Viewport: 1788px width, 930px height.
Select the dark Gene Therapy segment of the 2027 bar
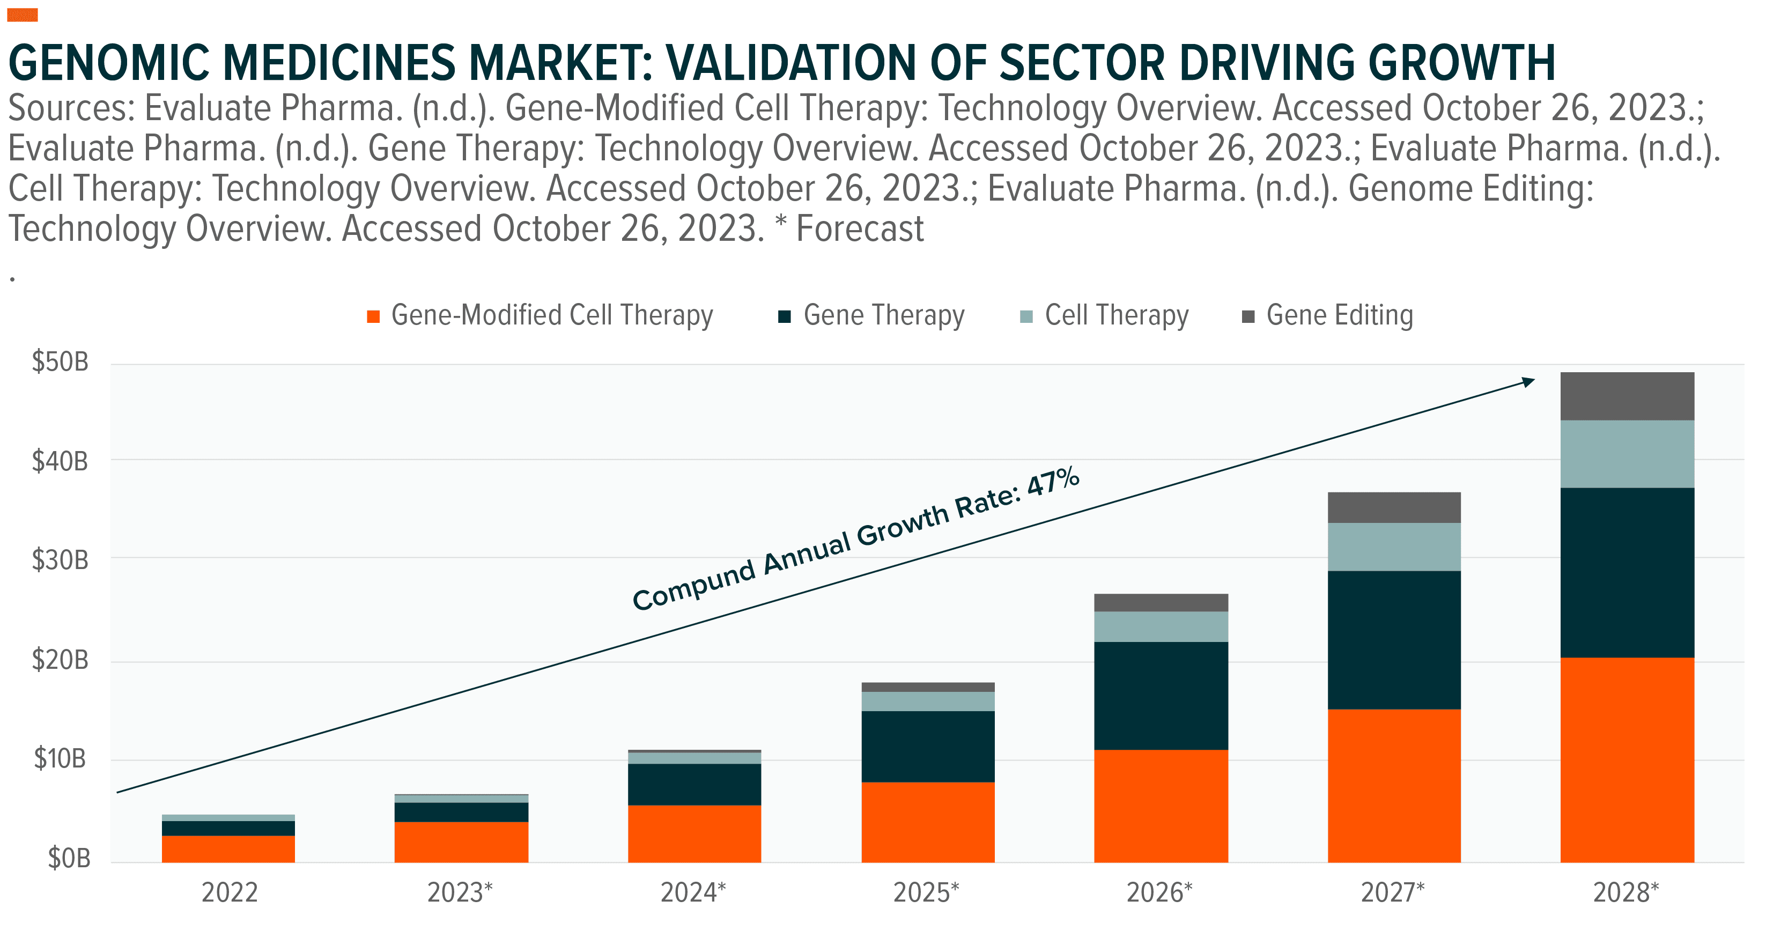(x=1394, y=639)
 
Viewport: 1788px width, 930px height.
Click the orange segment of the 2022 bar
(x=228, y=849)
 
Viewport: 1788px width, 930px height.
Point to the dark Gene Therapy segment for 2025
(x=928, y=746)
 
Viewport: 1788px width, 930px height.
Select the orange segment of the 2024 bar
(x=694, y=833)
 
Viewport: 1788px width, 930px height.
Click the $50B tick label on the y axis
(x=61, y=362)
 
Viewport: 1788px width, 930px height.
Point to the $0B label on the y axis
(x=69, y=859)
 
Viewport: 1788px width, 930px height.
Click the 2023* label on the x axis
(x=460, y=892)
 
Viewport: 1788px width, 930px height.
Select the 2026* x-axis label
(x=1159, y=892)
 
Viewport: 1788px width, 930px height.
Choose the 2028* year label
(x=1626, y=892)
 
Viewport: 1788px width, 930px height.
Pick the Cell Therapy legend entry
(x=1115, y=316)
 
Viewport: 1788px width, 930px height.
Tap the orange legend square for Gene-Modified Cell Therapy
(x=373, y=317)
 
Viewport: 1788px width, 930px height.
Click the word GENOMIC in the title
(x=109, y=63)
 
